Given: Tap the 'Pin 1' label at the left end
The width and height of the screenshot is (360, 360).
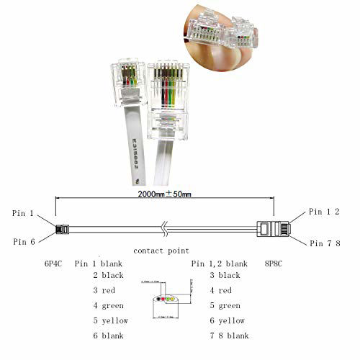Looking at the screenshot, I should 24,213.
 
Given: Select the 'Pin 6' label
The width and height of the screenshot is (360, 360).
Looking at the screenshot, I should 24,242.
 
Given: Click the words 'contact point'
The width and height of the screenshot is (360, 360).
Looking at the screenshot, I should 161,251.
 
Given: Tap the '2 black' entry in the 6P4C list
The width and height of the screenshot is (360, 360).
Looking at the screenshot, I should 108,275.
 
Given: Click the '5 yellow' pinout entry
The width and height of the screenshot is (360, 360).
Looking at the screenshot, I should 110,320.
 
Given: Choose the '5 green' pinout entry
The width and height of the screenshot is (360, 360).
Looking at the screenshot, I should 227,305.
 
